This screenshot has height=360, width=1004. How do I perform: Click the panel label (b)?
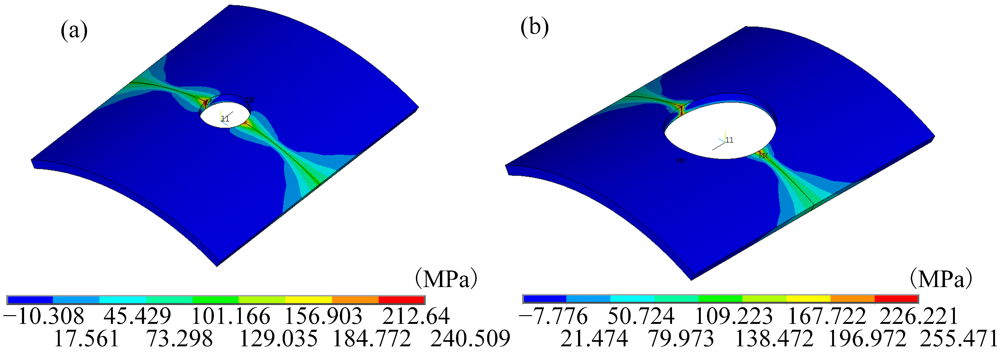[534, 28]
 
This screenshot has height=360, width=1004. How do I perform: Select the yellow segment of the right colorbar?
[808, 299]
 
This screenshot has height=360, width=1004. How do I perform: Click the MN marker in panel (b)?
[681, 161]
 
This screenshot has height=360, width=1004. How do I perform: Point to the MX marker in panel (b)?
[763, 156]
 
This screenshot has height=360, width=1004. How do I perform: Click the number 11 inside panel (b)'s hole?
[729, 140]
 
